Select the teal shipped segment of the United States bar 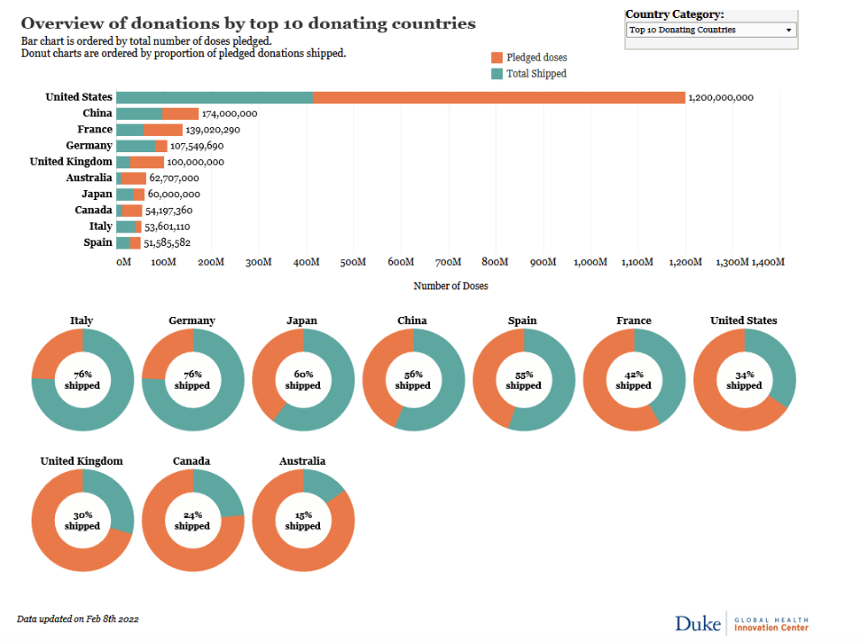pos(214,97)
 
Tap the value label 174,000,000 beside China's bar pos(230,113)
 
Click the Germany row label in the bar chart pos(89,146)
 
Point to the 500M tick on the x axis pos(353,262)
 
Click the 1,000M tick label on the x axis pos(589,262)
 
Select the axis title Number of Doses pos(451,285)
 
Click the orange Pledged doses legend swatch pos(497,58)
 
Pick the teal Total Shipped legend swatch pos(497,74)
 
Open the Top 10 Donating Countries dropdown pos(711,30)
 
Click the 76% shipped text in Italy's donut pos(82,379)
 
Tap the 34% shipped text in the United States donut pos(744,379)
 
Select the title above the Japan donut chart pos(302,321)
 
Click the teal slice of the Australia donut pos(324,484)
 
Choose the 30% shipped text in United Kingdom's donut pos(82,520)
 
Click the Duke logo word pos(698,622)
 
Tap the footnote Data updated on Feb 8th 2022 pos(78,620)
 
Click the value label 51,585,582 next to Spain pos(167,243)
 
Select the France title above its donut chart pos(634,321)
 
